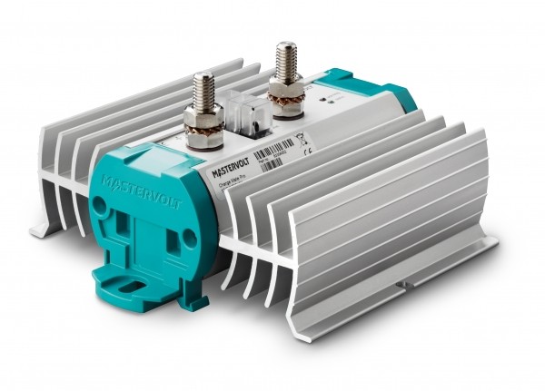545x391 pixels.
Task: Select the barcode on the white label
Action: (272, 151)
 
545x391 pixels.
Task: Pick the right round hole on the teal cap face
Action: (190, 238)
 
